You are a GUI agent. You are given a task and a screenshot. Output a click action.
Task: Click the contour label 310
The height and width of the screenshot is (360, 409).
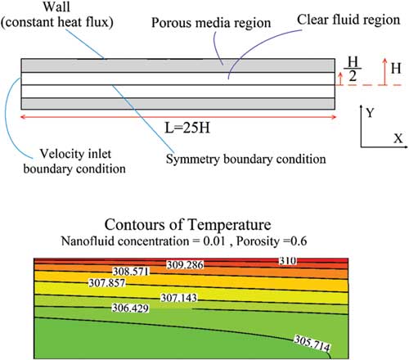pyautogui.click(x=288, y=261)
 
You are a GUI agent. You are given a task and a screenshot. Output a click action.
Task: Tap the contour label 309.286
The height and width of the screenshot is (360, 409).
pyautogui.click(x=185, y=265)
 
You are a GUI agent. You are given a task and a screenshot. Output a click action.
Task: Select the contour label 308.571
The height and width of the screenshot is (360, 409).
pyautogui.click(x=132, y=272)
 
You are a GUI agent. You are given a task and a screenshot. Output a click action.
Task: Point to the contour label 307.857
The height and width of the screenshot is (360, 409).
pyautogui.click(x=107, y=283)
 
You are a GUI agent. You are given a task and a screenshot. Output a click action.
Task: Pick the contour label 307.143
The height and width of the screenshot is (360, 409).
pyautogui.click(x=179, y=298)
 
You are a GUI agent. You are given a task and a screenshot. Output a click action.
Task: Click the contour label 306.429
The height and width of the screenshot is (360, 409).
pyautogui.click(x=131, y=308)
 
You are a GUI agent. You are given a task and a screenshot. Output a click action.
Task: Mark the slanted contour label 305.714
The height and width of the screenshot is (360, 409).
pyautogui.click(x=312, y=344)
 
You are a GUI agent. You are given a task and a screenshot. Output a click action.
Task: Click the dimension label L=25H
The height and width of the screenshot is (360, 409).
pyautogui.click(x=187, y=128)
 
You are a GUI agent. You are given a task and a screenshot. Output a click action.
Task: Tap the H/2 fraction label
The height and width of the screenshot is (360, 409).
pyautogui.click(x=353, y=69)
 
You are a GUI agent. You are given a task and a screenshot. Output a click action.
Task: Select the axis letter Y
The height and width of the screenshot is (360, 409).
pyautogui.click(x=370, y=113)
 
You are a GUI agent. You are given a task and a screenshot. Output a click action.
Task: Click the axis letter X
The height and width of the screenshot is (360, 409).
pyautogui.click(x=398, y=138)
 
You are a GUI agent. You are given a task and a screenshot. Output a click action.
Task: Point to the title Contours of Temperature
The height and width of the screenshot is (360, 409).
pyautogui.click(x=188, y=225)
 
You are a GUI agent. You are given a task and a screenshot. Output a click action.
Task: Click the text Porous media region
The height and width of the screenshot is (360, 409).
pyautogui.click(x=211, y=23)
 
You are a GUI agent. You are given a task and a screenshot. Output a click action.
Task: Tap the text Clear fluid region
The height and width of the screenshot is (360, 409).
pyautogui.click(x=348, y=20)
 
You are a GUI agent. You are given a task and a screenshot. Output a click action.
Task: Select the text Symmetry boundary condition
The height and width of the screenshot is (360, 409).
pyautogui.click(x=246, y=159)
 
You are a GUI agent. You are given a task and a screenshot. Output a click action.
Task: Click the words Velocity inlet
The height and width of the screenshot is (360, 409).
pyautogui.click(x=75, y=154)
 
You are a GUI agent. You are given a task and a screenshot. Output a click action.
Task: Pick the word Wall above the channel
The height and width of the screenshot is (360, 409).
pyautogui.click(x=56, y=7)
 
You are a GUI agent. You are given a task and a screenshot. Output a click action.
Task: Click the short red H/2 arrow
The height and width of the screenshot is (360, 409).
pyautogui.click(x=340, y=79)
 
